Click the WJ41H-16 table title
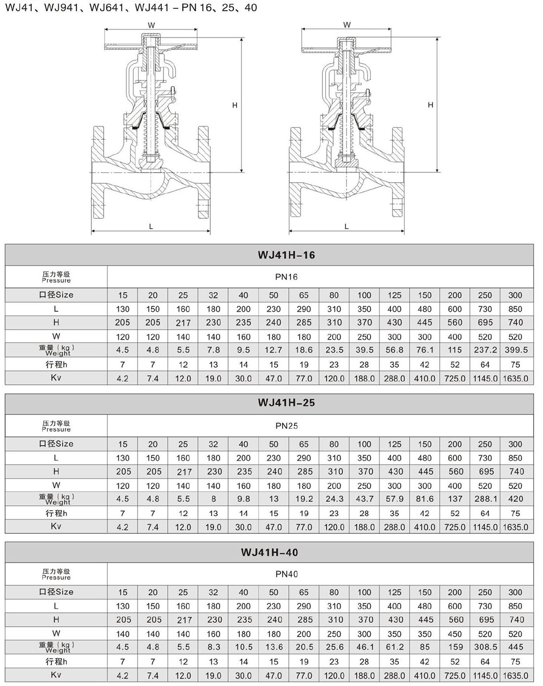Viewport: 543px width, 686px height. coord(286,255)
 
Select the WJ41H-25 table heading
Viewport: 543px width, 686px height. coord(286,403)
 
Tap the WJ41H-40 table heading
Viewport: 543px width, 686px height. coord(270,552)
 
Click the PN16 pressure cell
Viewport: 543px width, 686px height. coord(286,277)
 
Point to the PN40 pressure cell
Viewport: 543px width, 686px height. coord(286,574)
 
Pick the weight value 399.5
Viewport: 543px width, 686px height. coord(516,350)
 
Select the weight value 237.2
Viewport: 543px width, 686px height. coord(485,350)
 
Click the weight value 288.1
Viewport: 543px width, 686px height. coord(486,499)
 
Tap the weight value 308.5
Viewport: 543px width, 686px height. coord(486,647)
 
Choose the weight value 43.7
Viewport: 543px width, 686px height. coord(365,499)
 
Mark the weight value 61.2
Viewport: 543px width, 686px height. coord(395,647)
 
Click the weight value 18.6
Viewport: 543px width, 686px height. coord(304,350)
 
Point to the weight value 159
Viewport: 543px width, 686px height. coord(456,647)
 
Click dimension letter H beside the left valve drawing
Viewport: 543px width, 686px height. coord(235,105)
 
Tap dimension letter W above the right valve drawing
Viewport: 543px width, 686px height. coord(347,25)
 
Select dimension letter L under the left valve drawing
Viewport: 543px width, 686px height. coord(151,227)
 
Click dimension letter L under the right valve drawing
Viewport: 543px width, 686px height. coord(347,227)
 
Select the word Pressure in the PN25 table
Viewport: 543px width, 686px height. coord(56,430)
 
